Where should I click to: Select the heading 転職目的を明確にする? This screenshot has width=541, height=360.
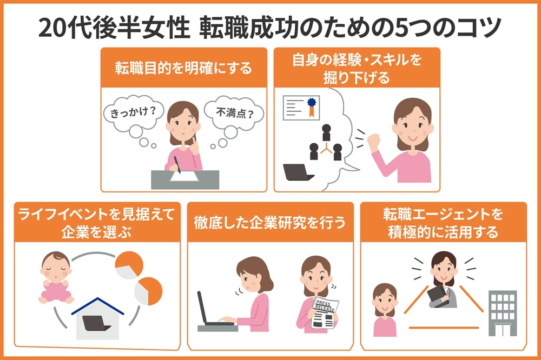[183, 68]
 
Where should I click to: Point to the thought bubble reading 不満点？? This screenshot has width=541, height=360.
[233, 114]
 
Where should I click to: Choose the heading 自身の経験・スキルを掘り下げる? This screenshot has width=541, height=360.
[357, 68]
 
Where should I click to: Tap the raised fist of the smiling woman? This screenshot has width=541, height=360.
[374, 142]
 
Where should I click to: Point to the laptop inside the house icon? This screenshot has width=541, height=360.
[97, 324]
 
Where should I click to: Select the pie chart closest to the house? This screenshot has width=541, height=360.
[148, 290]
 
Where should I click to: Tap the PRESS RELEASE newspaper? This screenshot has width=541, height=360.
[325, 314]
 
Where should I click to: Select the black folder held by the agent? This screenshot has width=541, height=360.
[436, 295]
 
